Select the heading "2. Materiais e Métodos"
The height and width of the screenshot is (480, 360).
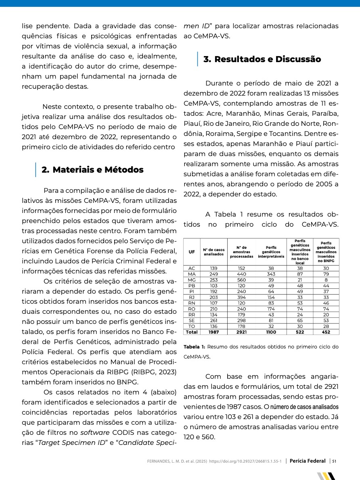[92, 170]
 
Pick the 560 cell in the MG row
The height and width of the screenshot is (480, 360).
[241, 279]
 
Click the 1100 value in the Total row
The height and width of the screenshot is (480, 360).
[271, 332]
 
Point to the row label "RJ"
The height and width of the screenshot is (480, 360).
[191, 297]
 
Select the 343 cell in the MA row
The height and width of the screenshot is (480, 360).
[271, 273]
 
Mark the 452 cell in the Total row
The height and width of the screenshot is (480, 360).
[326, 332]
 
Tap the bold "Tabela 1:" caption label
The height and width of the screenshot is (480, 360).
[195, 347]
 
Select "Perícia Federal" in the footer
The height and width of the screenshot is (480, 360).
[308, 461]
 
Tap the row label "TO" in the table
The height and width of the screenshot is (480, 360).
[191, 326]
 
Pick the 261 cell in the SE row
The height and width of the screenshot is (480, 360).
[213, 320]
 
